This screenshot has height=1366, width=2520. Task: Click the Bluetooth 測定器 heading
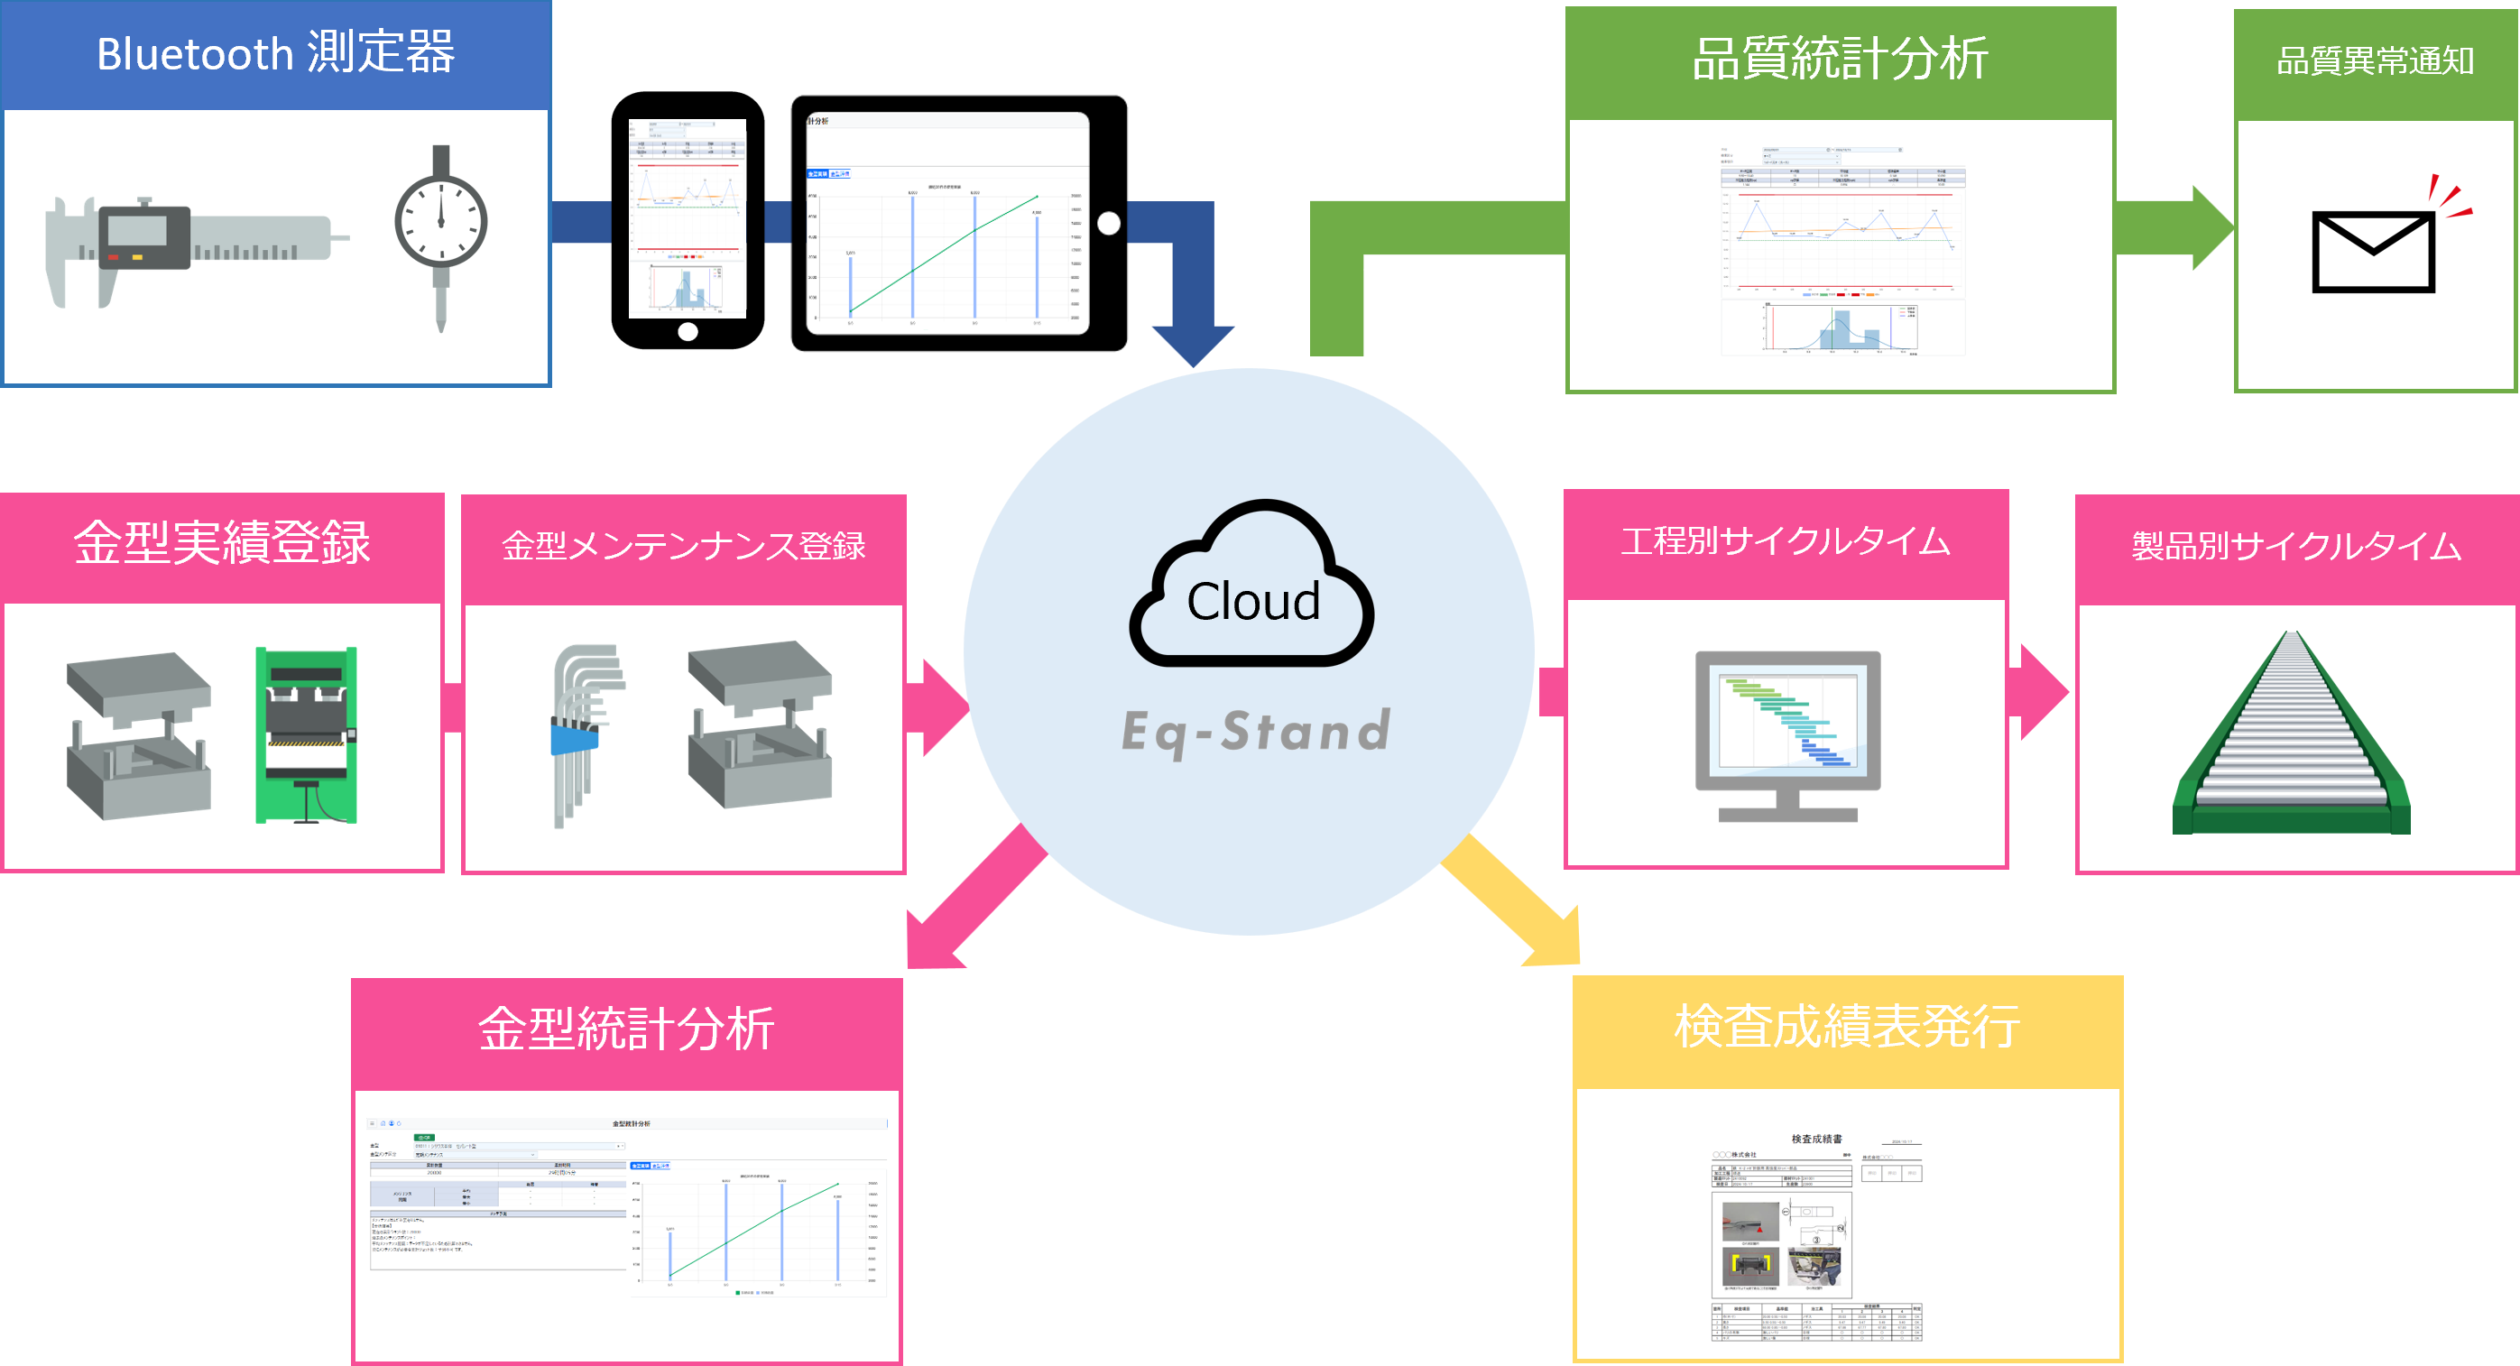(x=276, y=54)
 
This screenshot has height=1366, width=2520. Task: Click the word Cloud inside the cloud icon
(x=1253, y=602)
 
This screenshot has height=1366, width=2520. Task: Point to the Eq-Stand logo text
(x=1256, y=732)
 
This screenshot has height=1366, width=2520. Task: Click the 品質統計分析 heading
(x=1839, y=59)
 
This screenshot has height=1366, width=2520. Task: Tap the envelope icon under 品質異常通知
(x=2373, y=251)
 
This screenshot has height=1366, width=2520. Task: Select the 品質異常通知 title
(x=2376, y=61)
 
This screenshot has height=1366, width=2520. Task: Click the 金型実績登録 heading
(x=222, y=543)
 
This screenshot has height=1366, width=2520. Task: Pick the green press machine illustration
(x=306, y=734)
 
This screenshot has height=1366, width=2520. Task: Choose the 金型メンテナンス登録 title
(x=684, y=546)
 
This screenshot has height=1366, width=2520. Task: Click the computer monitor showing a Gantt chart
(x=1787, y=734)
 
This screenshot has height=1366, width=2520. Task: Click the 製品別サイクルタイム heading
(x=2296, y=546)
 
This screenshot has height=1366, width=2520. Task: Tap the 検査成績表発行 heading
(x=1847, y=1028)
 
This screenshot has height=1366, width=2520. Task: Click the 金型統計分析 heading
(x=626, y=1029)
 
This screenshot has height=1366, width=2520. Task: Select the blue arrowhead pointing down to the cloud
(x=1193, y=343)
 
